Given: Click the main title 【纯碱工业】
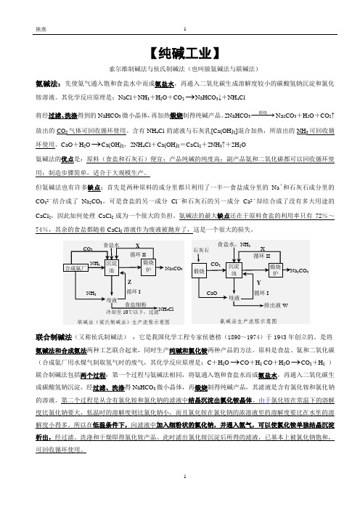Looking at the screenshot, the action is [x=179, y=53].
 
